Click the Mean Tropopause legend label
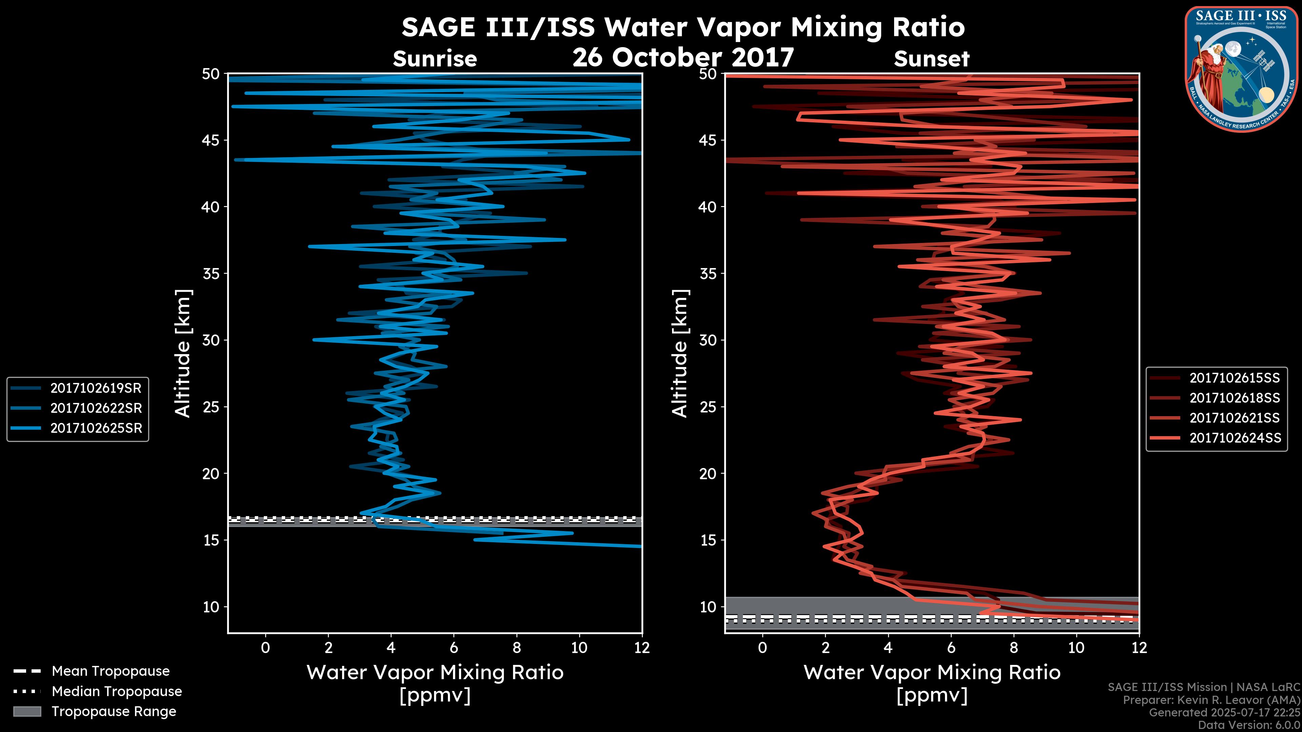click(x=110, y=671)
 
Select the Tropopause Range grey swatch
click(x=27, y=711)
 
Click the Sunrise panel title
click(x=435, y=59)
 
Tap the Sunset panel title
click(x=931, y=59)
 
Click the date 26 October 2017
click(x=683, y=57)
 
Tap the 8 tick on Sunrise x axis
click(x=516, y=648)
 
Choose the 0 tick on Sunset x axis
click(x=763, y=648)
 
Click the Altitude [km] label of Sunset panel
click(x=680, y=353)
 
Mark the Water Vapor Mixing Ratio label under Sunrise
click(x=435, y=672)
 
